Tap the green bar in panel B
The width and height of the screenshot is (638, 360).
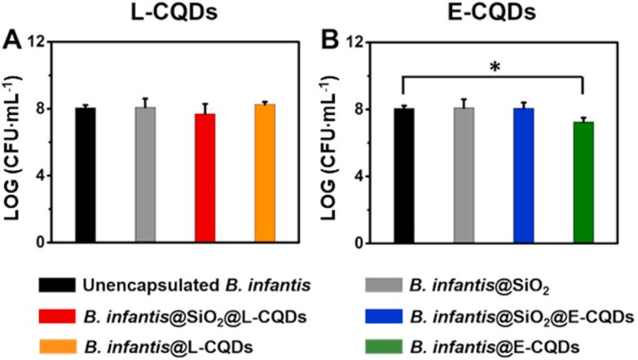coord(583,182)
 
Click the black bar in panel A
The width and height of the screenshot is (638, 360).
coord(86,175)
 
